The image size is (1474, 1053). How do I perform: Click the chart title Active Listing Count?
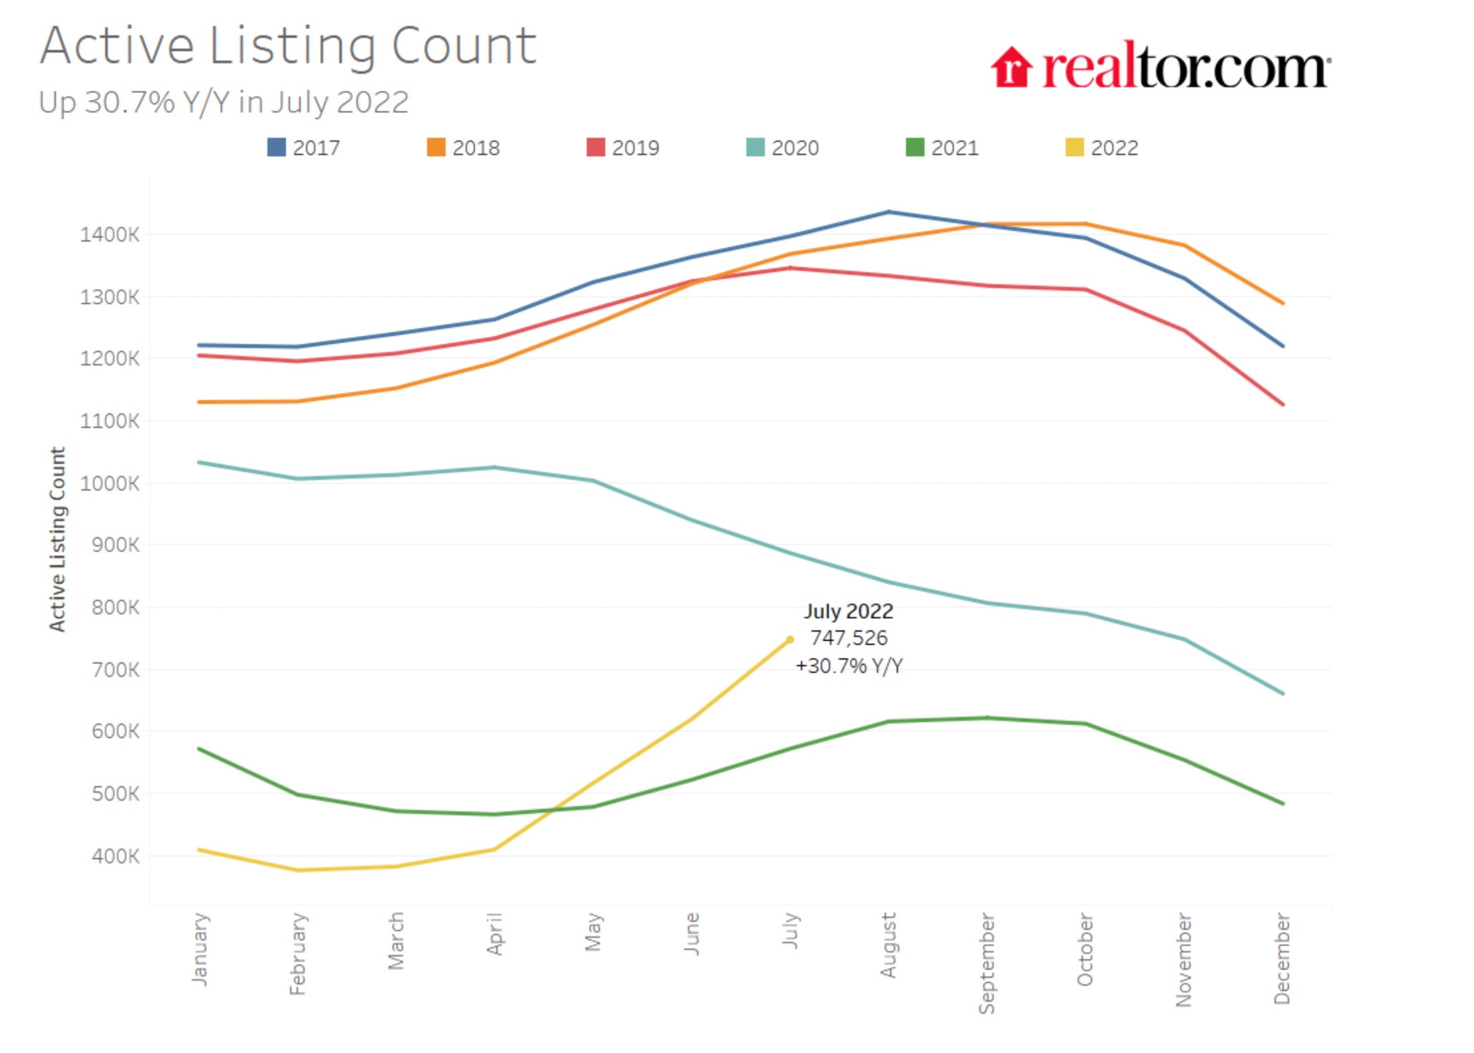(x=287, y=47)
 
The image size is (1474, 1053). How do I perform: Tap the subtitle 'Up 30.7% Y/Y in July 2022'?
(x=223, y=103)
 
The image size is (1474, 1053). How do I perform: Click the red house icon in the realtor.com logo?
(x=1011, y=67)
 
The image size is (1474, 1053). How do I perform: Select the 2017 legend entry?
(x=303, y=147)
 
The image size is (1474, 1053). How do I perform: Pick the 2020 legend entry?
(x=782, y=147)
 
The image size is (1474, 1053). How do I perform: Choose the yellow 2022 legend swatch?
(x=1074, y=147)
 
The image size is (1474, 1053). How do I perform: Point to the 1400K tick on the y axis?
(x=110, y=234)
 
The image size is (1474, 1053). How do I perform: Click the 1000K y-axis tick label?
(x=110, y=483)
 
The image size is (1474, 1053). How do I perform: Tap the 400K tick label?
(x=116, y=856)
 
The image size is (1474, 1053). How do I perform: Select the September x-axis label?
(x=987, y=963)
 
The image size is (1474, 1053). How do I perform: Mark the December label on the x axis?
(x=1282, y=958)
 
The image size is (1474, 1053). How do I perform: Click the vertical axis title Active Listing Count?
(x=58, y=539)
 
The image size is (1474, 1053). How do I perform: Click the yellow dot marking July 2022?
(x=790, y=640)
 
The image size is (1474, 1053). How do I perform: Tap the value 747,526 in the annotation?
(x=849, y=638)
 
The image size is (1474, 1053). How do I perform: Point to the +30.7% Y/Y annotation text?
(x=849, y=666)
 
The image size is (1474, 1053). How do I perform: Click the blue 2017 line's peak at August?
(x=889, y=212)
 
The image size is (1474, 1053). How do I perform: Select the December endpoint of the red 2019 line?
(x=1282, y=404)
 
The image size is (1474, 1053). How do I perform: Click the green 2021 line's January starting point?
(x=200, y=749)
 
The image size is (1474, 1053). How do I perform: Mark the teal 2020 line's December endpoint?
(x=1282, y=694)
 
